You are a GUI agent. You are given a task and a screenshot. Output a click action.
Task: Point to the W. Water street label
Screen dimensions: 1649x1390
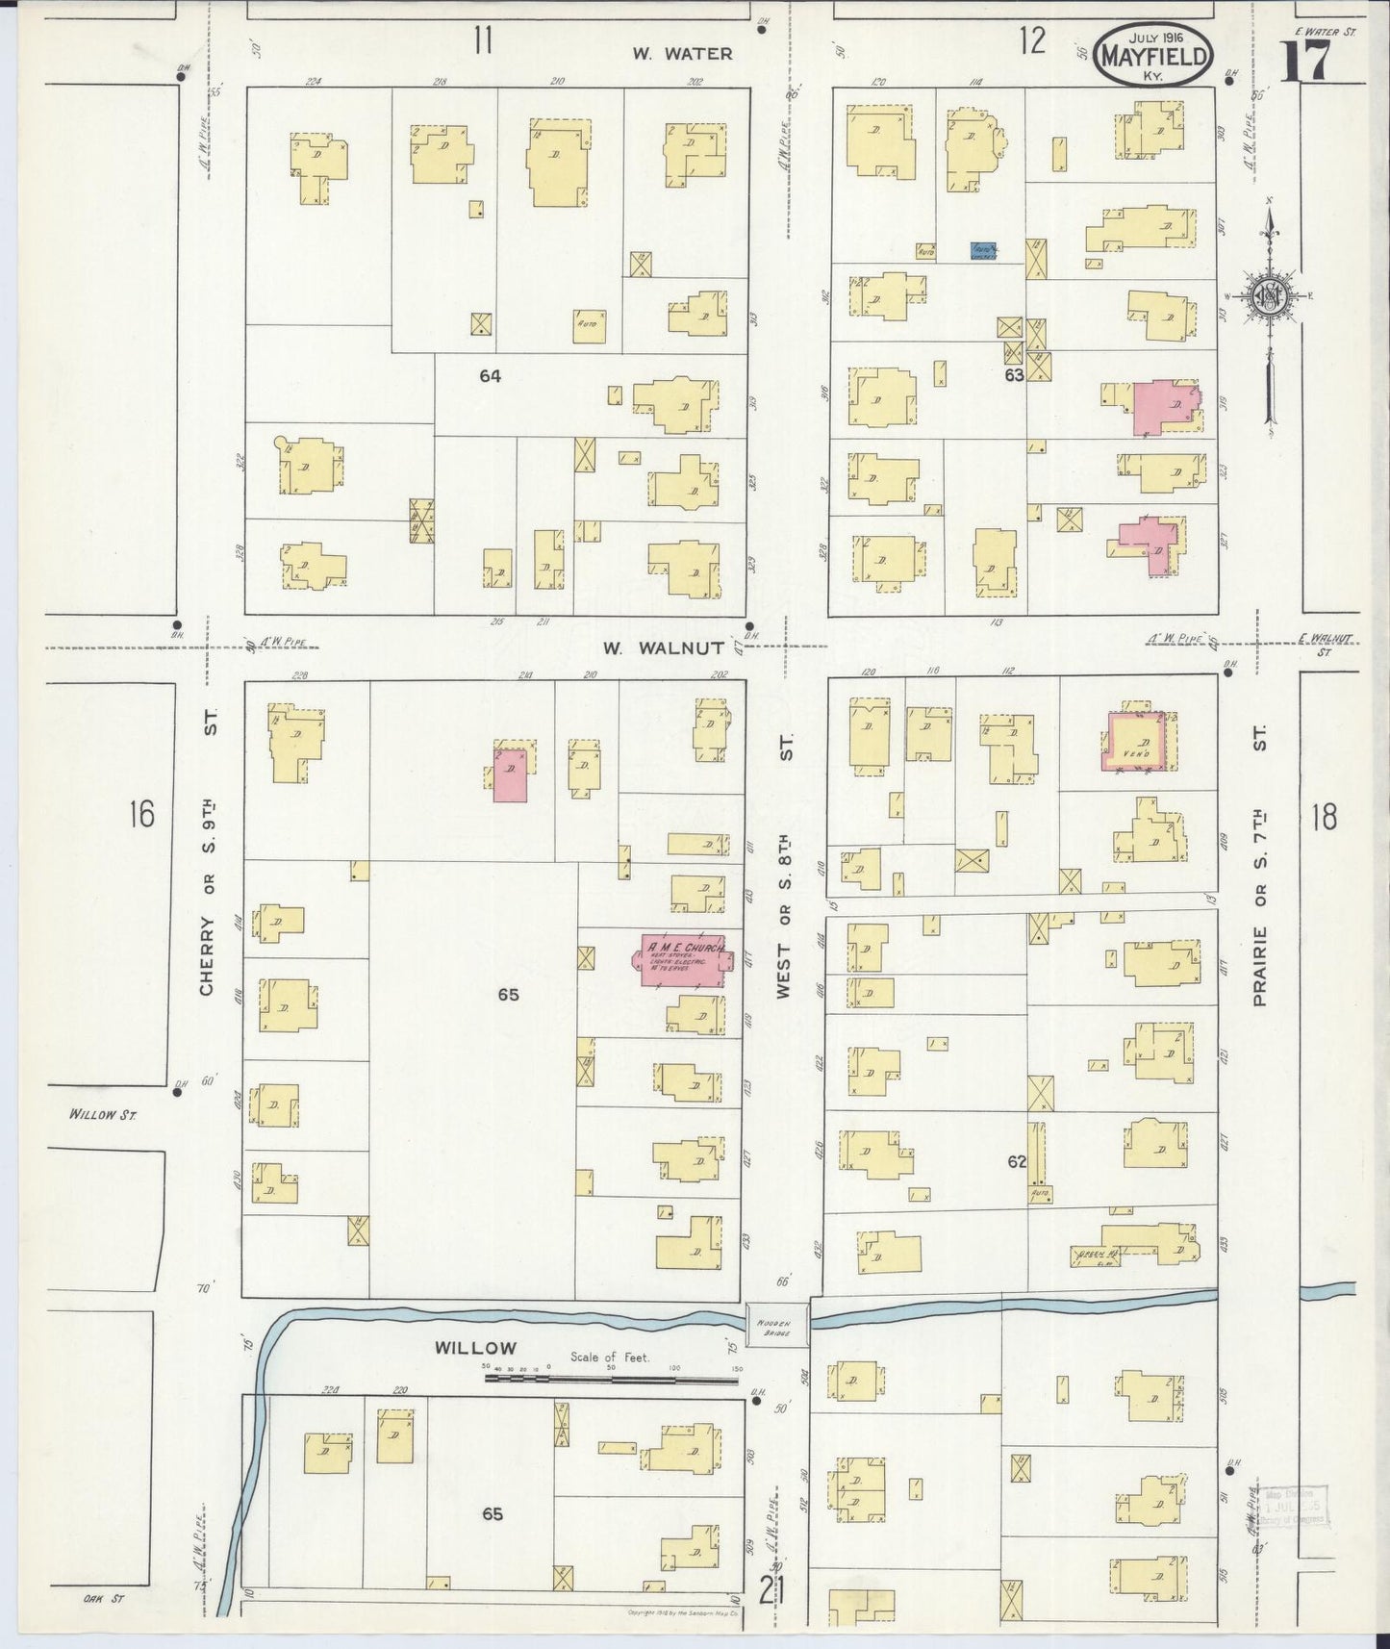point(682,54)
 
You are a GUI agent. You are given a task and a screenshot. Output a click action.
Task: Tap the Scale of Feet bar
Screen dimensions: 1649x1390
point(612,1378)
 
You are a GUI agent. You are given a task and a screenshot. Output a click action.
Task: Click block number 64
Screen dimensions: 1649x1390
point(491,377)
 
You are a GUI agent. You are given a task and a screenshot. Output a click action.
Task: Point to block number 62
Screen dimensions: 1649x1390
point(1017,1162)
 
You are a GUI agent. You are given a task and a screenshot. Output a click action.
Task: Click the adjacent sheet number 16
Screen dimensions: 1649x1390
point(141,815)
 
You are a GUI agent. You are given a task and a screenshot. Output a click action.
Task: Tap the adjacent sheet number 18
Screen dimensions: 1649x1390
point(1324,818)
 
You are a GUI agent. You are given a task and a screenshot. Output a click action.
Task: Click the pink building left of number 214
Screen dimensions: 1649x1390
point(510,774)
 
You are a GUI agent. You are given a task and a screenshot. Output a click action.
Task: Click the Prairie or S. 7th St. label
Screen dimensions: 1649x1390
point(1260,865)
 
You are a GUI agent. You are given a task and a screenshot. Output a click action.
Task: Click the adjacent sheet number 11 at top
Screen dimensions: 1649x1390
point(482,41)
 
